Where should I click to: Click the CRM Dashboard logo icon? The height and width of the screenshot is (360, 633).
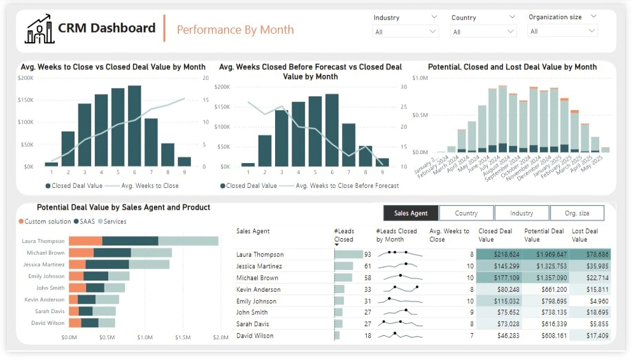click(39, 29)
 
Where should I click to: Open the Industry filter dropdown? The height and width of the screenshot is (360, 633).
click(406, 31)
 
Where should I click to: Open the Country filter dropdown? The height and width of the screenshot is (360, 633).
click(483, 31)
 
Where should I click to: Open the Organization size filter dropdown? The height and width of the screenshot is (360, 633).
click(562, 31)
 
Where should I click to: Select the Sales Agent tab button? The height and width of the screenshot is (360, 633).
click(411, 213)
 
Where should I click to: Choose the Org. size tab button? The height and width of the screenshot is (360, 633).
click(576, 213)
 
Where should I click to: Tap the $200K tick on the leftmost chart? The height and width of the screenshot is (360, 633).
click(26, 78)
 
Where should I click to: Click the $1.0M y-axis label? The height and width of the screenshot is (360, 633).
click(420, 78)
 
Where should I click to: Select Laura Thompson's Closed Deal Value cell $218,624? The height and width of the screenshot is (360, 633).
click(499, 254)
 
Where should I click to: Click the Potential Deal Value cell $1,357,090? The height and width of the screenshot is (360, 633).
click(545, 278)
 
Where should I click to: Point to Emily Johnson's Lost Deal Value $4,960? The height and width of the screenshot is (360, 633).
click(590, 301)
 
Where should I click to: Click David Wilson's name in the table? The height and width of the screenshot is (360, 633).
click(255, 335)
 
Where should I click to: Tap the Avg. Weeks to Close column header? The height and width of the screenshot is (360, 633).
click(449, 235)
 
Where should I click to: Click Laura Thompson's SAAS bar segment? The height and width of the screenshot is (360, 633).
click(130, 241)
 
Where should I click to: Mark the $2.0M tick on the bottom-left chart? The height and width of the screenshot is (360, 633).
click(220, 337)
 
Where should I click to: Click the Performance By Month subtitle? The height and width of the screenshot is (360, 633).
click(235, 29)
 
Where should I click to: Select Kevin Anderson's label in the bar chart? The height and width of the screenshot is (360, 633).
click(45, 299)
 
